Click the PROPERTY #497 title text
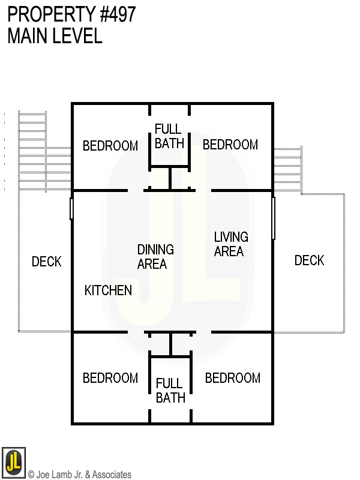[x=71, y=14]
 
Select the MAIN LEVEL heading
[x=55, y=36]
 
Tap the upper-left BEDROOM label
[x=110, y=146]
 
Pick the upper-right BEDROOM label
[x=230, y=145]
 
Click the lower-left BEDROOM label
[x=110, y=378]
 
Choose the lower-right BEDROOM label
[x=233, y=378]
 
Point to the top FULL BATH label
[x=169, y=136]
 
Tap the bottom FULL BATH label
[x=170, y=391]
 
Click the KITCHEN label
[x=108, y=290]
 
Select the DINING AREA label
[x=155, y=256]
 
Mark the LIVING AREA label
[x=231, y=244]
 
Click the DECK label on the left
[x=46, y=262]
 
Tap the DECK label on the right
[x=309, y=260]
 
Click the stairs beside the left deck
[x=33, y=150]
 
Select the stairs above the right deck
[x=287, y=168]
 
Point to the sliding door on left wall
[x=71, y=208]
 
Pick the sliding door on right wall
[x=273, y=217]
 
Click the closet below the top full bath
[x=170, y=179]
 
